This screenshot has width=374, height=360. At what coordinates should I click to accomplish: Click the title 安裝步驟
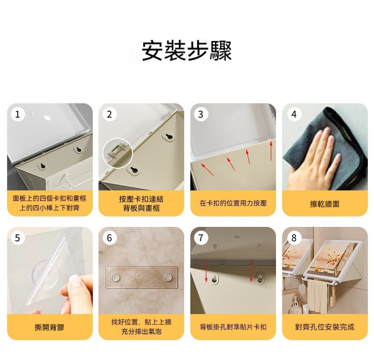point(187,51)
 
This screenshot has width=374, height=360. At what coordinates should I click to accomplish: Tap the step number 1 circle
point(18,114)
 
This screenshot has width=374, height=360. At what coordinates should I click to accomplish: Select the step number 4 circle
point(294,114)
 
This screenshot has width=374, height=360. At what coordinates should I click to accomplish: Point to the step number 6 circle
point(109,238)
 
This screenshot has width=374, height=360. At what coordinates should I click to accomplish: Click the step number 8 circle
point(294,238)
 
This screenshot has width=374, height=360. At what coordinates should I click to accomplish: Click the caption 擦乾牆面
point(325,204)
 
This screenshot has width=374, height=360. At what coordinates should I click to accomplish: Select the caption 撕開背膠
point(50,327)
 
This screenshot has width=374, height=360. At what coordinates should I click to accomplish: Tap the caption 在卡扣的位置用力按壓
point(233,203)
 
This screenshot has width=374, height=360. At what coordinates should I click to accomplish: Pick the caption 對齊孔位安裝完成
point(325,327)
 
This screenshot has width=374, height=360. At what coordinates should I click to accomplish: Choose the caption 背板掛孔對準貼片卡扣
point(233,327)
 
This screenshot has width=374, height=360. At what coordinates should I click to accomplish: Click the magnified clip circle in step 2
point(117,153)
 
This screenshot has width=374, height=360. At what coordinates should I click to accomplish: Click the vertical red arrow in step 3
point(271,151)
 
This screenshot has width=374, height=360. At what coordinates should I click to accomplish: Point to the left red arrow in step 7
point(206,270)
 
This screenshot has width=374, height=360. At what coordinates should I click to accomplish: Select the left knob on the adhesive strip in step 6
point(116,277)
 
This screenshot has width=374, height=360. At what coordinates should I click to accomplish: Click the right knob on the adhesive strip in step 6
point(168,277)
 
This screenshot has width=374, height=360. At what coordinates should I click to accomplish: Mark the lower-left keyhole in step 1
point(43,166)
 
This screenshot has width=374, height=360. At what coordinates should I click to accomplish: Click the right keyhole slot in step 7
point(260,278)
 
